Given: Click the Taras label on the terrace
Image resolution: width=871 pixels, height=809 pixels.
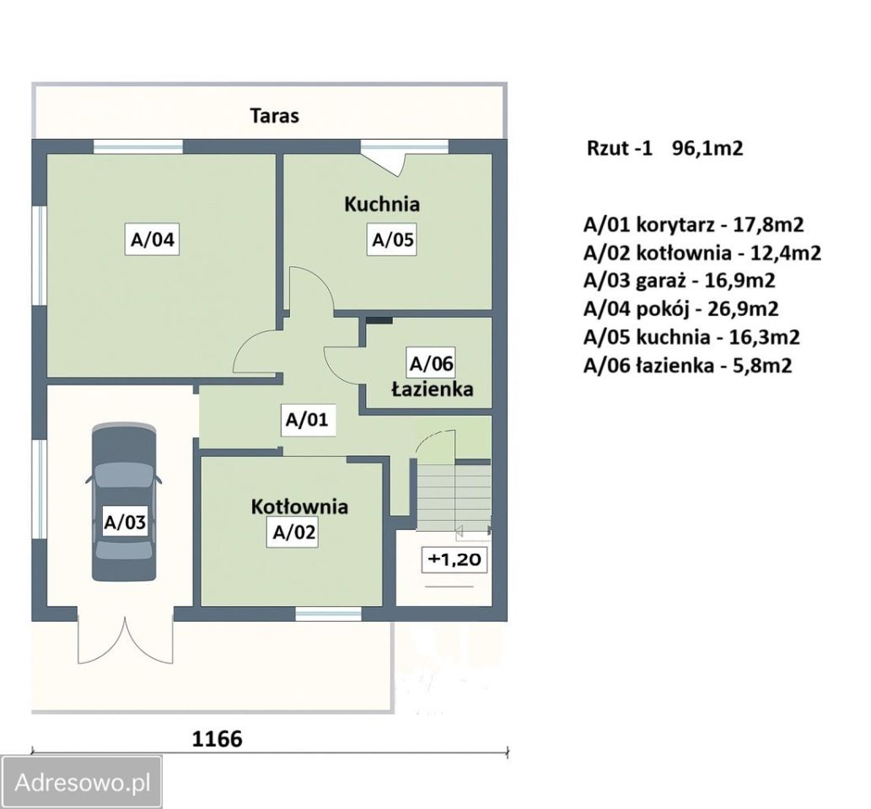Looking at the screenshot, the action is [x=274, y=115].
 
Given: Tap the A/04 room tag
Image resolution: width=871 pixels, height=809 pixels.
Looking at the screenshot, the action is [x=152, y=239].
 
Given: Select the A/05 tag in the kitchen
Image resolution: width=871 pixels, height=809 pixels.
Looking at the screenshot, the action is [x=392, y=239].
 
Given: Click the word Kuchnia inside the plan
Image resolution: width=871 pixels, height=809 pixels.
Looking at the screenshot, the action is [x=382, y=204].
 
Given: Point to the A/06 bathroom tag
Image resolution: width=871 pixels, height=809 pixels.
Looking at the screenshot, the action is [x=431, y=363].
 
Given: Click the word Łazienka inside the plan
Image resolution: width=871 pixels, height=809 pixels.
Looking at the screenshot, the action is [x=433, y=388].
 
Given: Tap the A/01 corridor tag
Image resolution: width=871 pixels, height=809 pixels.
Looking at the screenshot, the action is [x=307, y=419].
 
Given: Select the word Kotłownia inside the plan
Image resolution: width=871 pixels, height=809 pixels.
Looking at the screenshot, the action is [x=299, y=506].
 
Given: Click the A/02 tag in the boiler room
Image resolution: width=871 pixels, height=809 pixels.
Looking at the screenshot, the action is [x=293, y=532].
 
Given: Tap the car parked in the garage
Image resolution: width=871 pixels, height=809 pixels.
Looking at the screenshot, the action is [x=124, y=502].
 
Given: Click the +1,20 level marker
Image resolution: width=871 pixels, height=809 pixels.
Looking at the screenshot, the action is [x=455, y=559].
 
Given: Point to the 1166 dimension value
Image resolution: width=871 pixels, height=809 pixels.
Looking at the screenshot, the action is [x=218, y=738].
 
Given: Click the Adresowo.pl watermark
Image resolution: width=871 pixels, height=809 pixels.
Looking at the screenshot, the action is [x=83, y=782].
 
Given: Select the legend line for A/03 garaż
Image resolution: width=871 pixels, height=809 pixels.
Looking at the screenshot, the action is [x=679, y=281].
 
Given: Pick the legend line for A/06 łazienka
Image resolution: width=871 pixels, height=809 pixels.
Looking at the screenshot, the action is [x=688, y=366].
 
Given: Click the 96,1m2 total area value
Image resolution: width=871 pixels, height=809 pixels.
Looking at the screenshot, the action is [x=707, y=148].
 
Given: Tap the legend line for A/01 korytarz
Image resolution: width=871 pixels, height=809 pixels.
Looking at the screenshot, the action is [x=694, y=224].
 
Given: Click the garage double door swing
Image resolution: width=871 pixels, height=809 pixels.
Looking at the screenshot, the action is [x=126, y=639].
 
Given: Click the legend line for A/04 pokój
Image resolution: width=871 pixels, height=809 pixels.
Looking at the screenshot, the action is [x=681, y=308].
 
